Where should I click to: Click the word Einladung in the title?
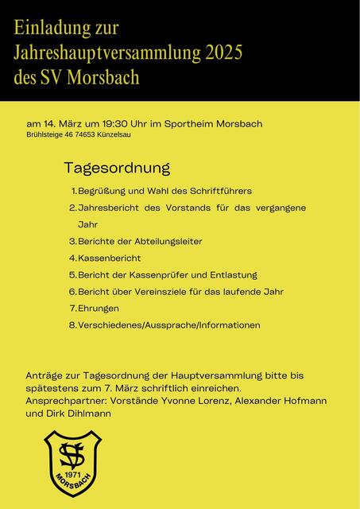tap(47, 29)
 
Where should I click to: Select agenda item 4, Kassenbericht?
tap(109, 258)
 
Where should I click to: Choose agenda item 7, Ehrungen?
tap(99, 308)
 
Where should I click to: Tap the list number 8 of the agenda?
tap(72, 324)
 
